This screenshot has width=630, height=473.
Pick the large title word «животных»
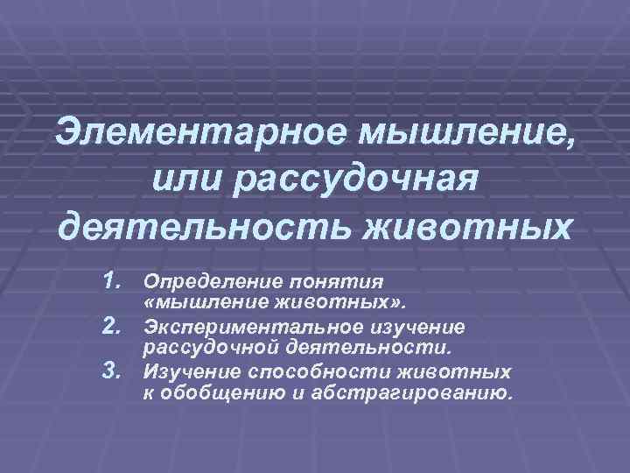coord(468,228)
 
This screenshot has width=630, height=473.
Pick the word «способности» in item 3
coord(318,371)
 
